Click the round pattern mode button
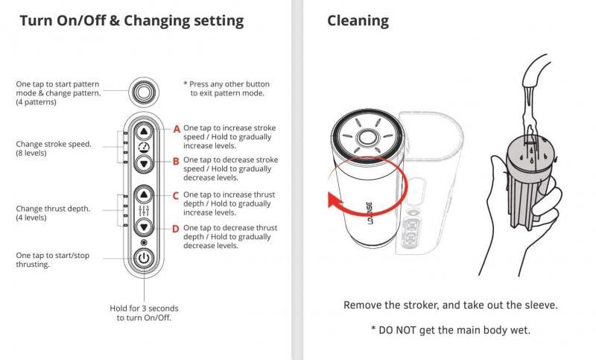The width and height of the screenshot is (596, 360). pos(143,92)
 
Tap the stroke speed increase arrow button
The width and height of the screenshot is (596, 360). pos(144,131)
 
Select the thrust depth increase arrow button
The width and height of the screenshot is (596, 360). pos(144,195)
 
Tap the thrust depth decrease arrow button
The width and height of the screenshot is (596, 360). pos(144,227)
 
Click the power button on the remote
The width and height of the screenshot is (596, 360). pos(144,258)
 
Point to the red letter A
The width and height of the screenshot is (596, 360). pos(177,129)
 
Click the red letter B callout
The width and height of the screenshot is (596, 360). pos(176,162)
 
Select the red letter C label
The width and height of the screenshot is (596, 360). pos(176,196)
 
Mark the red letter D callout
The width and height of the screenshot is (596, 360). pos(176,229)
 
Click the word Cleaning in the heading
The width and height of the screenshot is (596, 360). pos(358,21)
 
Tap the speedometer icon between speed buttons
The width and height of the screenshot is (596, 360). pos(144,148)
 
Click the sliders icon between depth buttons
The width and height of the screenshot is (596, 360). pos(144,211)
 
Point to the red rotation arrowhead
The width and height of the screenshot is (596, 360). pos(335,200)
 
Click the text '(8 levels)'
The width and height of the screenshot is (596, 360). pos(31,154)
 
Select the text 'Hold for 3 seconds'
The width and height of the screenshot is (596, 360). pos(144,309)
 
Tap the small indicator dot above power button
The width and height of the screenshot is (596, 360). pos(144,242)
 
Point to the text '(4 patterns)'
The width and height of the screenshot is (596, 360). pos(36,102)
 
